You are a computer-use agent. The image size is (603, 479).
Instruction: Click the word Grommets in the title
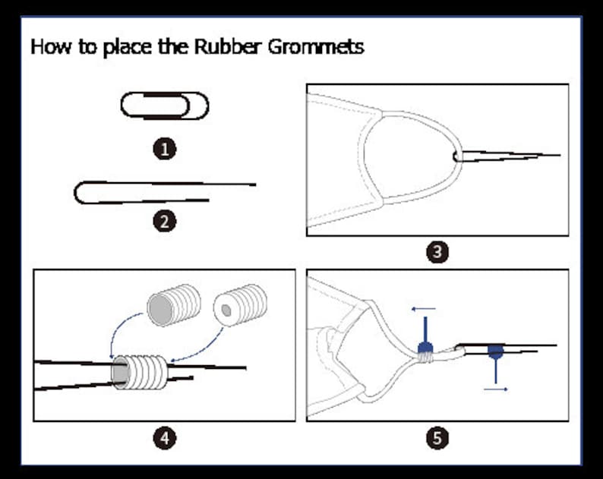[x=316, y=46]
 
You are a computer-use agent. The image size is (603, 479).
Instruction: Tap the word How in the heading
[x=51, y=46]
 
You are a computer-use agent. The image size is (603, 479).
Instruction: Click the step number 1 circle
[x=165, y=149]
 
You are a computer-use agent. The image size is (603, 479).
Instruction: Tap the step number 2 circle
[x=165, y=222]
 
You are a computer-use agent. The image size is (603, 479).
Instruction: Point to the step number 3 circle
[x=437, y=252]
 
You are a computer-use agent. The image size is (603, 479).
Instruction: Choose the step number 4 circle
[x=165, y=438]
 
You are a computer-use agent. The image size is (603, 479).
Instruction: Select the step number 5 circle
[x=437, y=438]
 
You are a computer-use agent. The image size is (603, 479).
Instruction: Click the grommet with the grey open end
[x=174, y=306]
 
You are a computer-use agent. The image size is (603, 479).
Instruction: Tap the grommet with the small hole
[x=241, y=305]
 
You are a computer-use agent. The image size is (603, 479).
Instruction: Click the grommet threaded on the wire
[x=140, y=372]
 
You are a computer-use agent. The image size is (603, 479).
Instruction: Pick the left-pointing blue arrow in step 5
[x=424, y=308]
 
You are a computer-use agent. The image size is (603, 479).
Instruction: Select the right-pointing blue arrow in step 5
[x=496, y=389]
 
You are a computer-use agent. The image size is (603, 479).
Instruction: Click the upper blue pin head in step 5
[x=425, y=348]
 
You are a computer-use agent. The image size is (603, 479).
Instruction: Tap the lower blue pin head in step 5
[x=495, y=351]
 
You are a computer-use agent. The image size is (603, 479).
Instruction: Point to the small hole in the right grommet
[x=226, y=310]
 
